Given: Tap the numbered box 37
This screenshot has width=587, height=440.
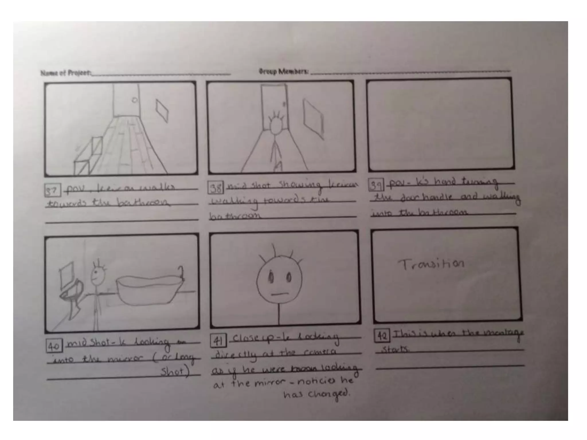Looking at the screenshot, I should tap(52, 190).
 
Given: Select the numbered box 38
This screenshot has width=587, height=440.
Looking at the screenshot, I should tap(216, 188).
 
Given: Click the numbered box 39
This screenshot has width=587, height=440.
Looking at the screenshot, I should tap(376, 185).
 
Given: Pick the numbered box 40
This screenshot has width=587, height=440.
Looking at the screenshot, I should tap(54, 346).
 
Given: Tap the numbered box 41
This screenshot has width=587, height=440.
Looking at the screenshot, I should tap(218, 340).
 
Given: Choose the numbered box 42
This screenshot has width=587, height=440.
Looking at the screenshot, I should tap(382, 336).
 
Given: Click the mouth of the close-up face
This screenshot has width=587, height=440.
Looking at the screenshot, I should tap(279, 294).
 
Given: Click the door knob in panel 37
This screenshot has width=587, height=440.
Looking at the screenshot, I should tap(134, 100).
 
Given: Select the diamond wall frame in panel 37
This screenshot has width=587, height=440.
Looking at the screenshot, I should tap(162, 110).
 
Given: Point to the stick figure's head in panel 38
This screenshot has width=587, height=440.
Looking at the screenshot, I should tap(276, 126).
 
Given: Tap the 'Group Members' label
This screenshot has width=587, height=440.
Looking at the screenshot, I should tap(283, 71).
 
